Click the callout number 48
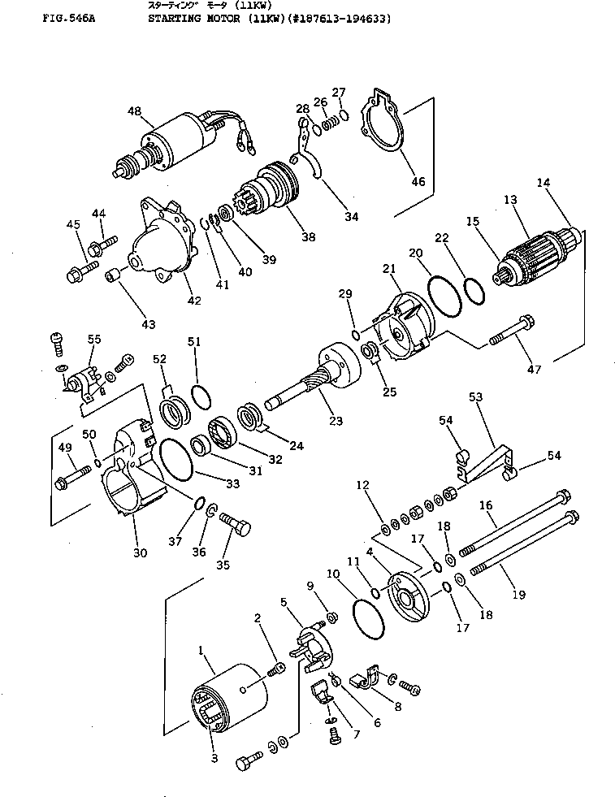click(x=134, y=111)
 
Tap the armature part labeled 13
click(x=537, y=247)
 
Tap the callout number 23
click(x=336, y=421)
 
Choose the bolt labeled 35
click(x=236, y=527)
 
